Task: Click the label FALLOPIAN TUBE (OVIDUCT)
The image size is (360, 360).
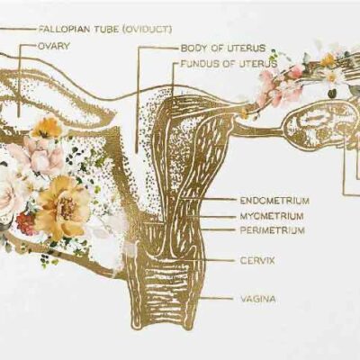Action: [105, 30]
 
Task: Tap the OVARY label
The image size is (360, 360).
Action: [54, 46]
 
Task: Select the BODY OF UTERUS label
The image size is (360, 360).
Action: [223, 48]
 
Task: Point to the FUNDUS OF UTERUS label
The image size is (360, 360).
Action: [229, 64]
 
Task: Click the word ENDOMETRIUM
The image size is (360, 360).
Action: [274, 201]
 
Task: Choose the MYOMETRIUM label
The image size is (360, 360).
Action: [272, 216]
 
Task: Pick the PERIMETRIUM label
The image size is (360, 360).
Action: [273, 230]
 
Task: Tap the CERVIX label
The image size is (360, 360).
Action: [257, 260]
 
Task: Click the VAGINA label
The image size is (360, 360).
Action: [258, 299]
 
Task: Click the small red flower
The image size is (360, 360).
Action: [25, 223]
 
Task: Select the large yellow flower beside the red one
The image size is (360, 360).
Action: [64, 207]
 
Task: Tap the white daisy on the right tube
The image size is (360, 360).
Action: [332, 77]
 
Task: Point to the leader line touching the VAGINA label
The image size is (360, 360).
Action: [218, 299]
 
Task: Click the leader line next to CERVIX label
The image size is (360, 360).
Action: [219, 260]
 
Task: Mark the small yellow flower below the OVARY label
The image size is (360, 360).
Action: [47, 128]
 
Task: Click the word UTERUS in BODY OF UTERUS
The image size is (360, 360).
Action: [251, 48]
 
